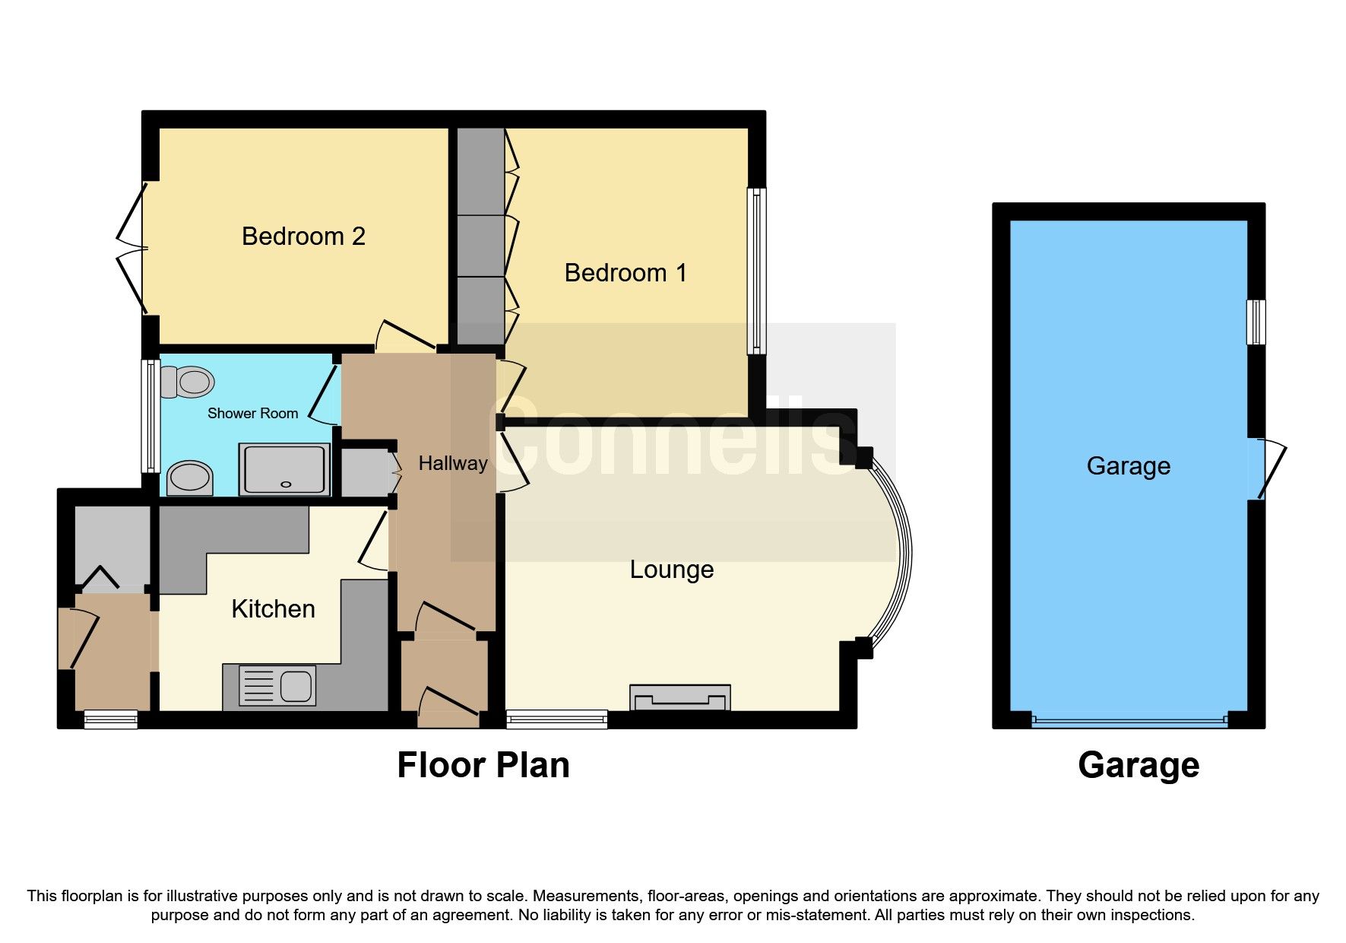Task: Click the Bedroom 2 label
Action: (x=303, y=237)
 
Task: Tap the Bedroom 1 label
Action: (x=625, y=273)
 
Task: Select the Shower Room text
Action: (x=252, y=413)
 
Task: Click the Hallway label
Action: (x=453, y=463)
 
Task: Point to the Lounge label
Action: (x=672, y=570)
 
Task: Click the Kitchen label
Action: (x=273, y=609)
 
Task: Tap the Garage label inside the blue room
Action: (x=1128, y=466)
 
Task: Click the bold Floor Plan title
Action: (x=483, y=765)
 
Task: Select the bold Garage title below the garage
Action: (x=1138, y=765)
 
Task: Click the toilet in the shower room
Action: (x=188, y=382)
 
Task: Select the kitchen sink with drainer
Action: (x=277, y=686)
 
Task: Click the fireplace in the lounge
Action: (x=680, y=697)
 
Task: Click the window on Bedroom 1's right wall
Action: (x=756, y=271)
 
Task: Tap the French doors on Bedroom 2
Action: (x=133, y=249)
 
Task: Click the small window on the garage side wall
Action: (x=1256, y=322)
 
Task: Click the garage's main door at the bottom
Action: (x=1129, y=720)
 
